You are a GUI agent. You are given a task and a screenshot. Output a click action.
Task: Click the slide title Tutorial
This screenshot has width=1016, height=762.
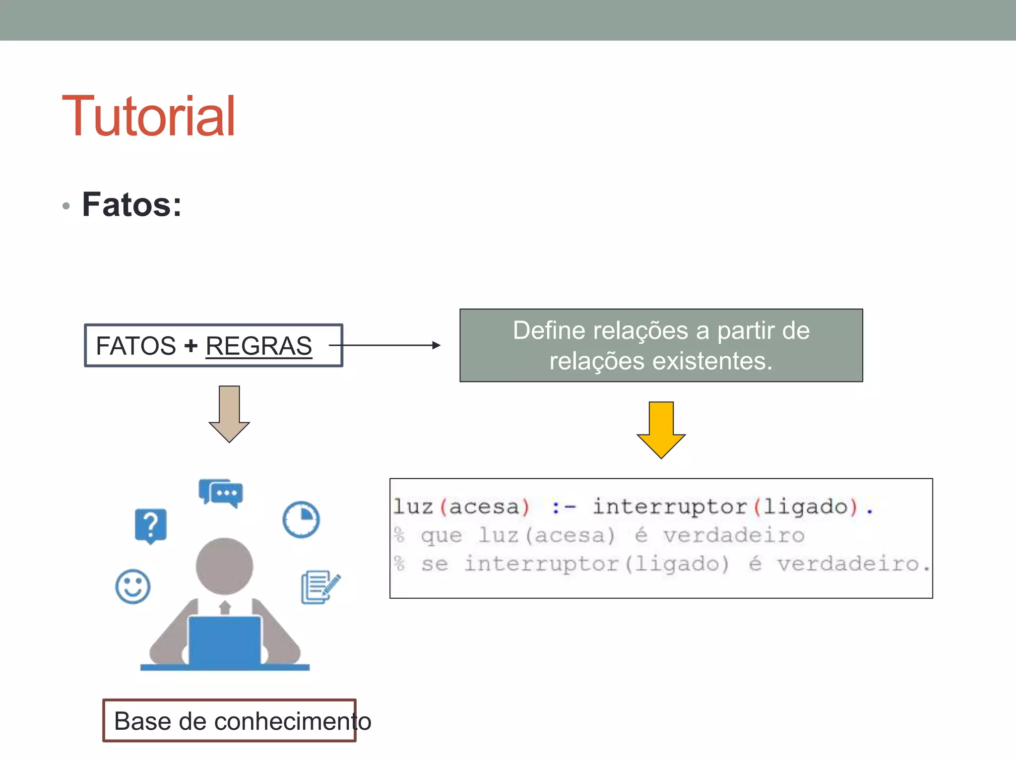148,116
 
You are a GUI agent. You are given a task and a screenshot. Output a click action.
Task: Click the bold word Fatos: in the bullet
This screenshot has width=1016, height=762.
132,204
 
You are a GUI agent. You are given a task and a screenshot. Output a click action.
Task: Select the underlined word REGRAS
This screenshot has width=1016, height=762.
258,346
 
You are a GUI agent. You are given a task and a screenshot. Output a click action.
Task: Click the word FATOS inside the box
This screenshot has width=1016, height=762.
135,346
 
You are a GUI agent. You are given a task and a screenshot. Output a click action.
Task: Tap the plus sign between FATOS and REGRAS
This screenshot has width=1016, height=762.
190,346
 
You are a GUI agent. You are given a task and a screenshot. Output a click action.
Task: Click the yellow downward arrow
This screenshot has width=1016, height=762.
661,430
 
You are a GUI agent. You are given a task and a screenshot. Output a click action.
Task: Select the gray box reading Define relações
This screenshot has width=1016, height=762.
661,345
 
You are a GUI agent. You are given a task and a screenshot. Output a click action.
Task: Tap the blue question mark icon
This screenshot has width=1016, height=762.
151,525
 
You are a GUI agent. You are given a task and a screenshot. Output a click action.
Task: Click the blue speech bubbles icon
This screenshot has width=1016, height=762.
221,493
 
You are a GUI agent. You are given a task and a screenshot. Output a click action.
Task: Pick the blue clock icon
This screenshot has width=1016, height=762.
301,519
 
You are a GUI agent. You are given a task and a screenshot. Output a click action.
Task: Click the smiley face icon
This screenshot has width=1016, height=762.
132,586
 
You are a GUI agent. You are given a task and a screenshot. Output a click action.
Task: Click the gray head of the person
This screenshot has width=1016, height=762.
224,566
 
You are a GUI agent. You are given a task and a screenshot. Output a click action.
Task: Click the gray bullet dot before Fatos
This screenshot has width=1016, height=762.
66,205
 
